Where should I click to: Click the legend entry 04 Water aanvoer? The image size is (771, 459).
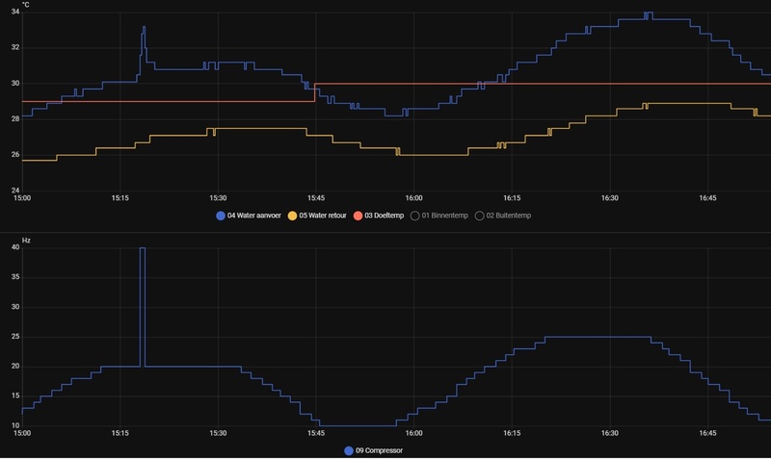click(253, 216)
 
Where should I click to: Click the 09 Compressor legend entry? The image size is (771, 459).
click(376, 450)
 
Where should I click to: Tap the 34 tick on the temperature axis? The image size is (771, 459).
click(14, 12)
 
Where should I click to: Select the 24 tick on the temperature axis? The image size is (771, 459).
click(14, 190)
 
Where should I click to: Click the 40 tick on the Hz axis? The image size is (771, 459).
click(14, 247)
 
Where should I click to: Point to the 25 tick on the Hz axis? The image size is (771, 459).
click(14, 337)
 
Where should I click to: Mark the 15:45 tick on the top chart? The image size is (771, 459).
click(315, 198)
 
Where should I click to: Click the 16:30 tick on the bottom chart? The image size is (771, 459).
click(609, 434)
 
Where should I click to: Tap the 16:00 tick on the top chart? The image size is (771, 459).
click(412, 198)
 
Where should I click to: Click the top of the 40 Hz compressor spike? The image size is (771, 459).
click(143, 248)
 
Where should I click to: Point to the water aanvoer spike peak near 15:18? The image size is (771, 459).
click(144, 27)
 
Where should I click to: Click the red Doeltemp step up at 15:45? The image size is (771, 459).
click(315, 92)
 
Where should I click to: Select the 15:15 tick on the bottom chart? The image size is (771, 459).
click(120, 434)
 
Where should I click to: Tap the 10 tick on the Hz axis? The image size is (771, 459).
click(14, 425)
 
